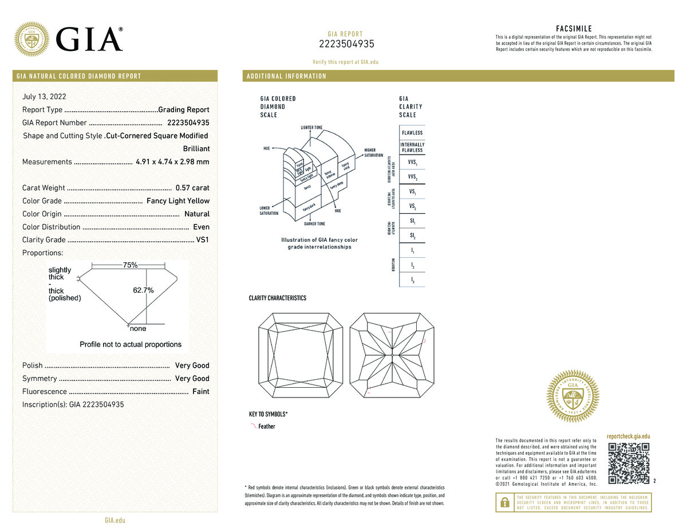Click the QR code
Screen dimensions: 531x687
(629, 463)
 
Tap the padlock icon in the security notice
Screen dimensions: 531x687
(504, 502)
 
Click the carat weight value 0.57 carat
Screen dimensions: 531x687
(192, 188)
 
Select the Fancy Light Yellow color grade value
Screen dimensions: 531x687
(178, 201)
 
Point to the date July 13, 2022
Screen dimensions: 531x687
(44, 97)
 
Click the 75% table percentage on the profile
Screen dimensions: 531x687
(130, 265)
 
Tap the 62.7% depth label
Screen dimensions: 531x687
(143, 290)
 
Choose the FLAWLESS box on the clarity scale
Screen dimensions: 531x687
(412, 133)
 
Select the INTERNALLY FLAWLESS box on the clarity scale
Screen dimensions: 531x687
(412, 147)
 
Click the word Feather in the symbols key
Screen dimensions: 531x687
(267, 427)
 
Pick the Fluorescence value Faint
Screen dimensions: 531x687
(201, 392)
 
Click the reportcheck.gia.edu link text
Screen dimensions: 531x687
(629, 436)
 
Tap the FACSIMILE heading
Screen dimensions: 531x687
(574, 29)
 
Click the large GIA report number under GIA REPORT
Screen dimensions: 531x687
(346, 45)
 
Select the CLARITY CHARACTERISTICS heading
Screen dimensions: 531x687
(278, 298)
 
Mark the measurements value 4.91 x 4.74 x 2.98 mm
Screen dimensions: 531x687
(172, 162)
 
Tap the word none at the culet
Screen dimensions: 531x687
(138, 329)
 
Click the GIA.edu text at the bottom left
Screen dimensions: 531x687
(114, 521)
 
